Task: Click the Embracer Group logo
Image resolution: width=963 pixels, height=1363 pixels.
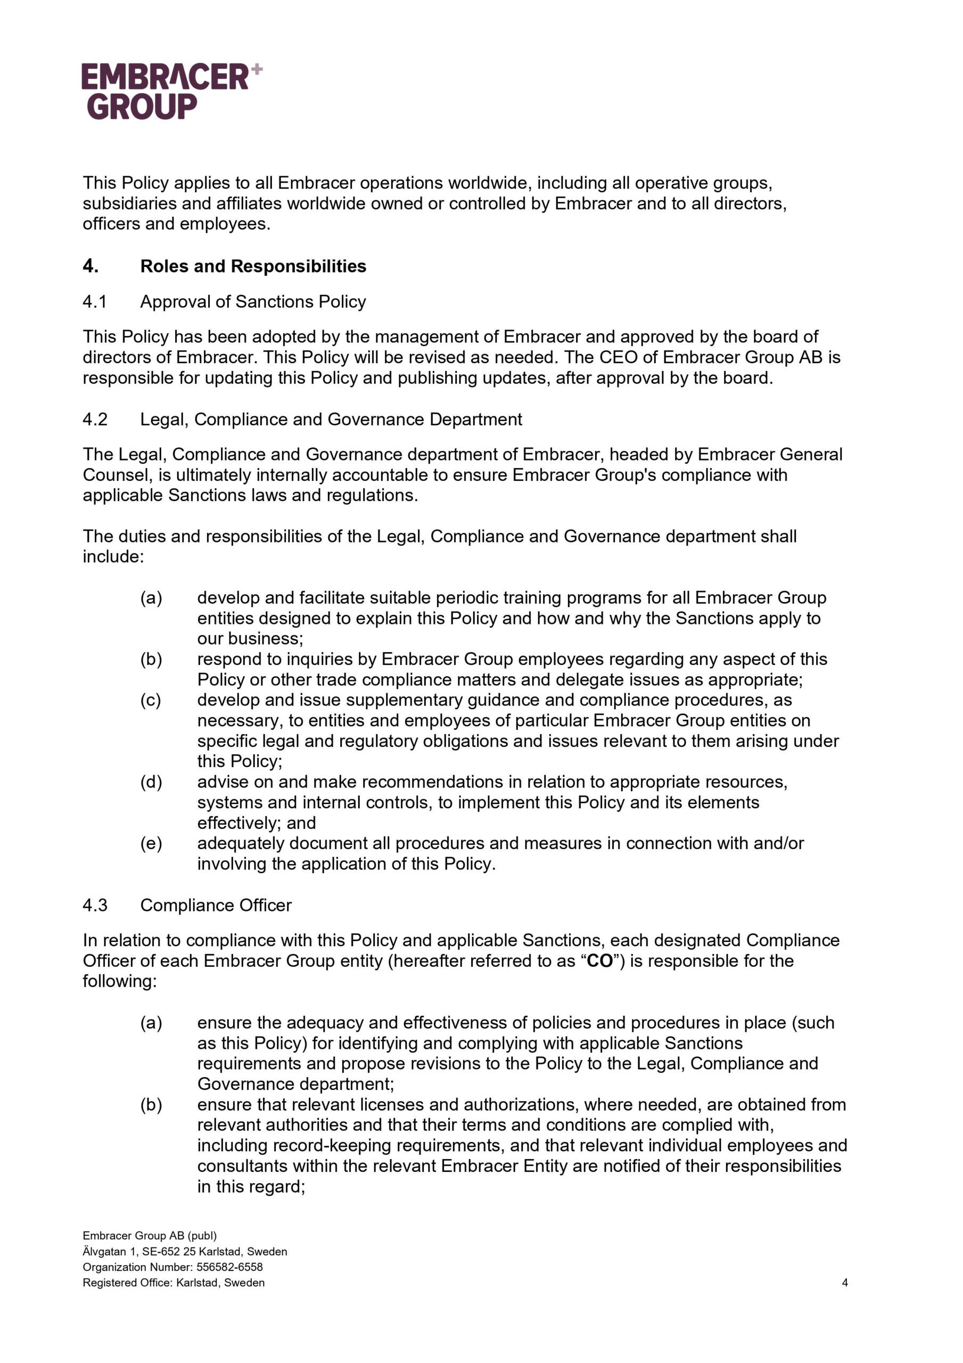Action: [166, 91]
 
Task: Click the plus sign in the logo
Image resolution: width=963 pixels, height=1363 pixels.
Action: [257, 69]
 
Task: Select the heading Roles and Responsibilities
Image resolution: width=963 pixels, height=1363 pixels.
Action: [253, 266]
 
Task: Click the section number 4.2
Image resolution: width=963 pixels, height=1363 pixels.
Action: [94, 419]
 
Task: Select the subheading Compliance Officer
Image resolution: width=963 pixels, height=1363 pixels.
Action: [216, 905]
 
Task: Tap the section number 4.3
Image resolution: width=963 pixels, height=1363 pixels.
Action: [94, 905]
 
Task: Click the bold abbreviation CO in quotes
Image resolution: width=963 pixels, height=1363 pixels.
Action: [599, 961]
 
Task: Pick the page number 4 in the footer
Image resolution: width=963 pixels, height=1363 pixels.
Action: [844, 1283]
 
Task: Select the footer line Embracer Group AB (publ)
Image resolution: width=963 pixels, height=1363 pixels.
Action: [150, 1235]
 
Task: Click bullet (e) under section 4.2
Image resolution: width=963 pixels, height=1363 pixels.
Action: [151, 843]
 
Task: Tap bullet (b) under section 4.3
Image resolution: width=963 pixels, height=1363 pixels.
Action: [151, 1105]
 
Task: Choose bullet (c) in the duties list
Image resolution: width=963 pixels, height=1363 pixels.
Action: [151, 700]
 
